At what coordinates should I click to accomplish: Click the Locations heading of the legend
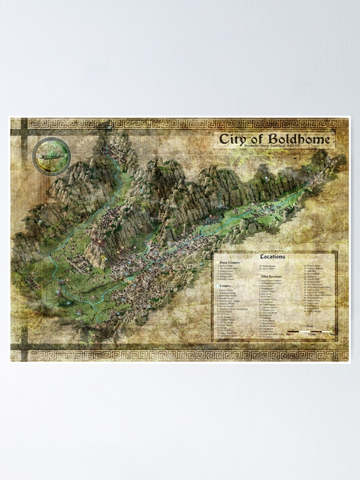pos(272,257)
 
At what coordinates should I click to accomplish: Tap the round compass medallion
pos(51,156)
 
